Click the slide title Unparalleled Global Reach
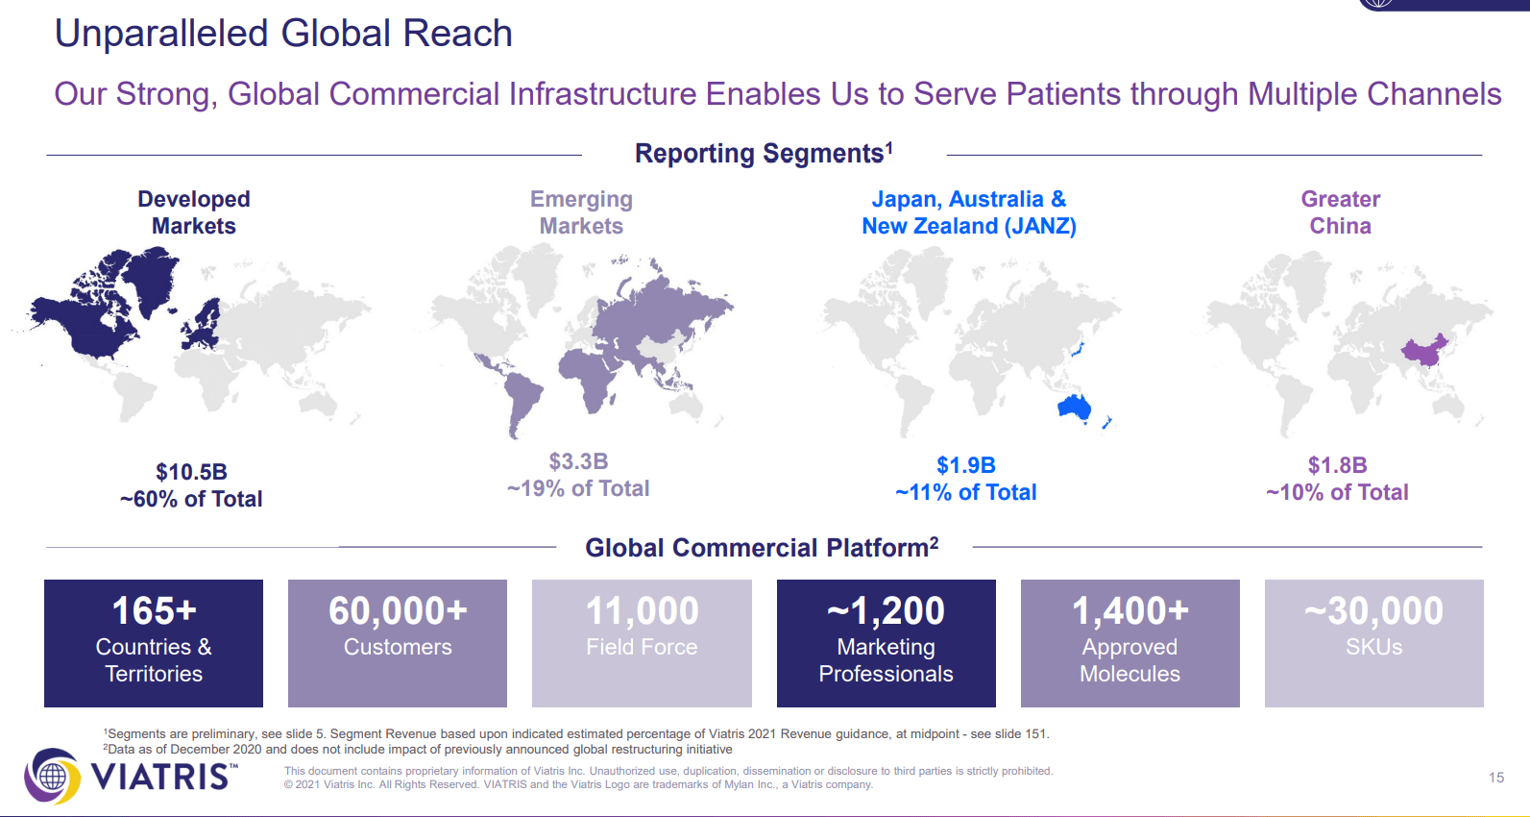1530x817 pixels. [x=283, y=34]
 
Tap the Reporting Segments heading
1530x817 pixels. [x=764, y=153]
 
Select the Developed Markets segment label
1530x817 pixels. [x=194, y=212]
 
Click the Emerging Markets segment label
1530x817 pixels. [x=581, y=212]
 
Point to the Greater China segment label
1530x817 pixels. [x=1340, y=212]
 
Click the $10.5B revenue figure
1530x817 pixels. [x=191, y=472]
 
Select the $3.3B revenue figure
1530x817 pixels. [x=578, y=461]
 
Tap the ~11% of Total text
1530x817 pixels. [x=966, y=492]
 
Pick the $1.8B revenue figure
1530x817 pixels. [x=1337, y=465]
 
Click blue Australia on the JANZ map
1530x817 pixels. [x=1073, y=408]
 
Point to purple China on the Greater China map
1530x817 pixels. [x=1424, y=351]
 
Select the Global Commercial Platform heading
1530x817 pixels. [x=762, y=548]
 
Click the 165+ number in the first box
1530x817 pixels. [x=154, y=610]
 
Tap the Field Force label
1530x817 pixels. [x=642, y=647]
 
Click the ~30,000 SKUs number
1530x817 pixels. [x=1373, y=610]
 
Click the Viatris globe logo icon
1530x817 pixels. [x=52, y=776]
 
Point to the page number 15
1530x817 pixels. [x=1495, y=778]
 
